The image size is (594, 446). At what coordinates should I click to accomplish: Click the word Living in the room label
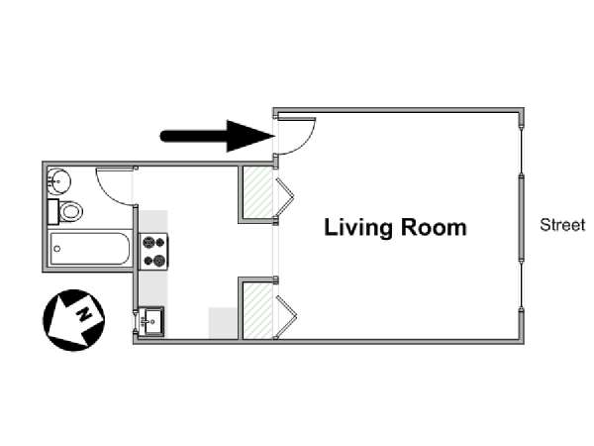(x=358, y=228)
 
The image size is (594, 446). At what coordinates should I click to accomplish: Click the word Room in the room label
(x=434, y=227)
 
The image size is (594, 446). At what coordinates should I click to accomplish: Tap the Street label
(x=562, y=225)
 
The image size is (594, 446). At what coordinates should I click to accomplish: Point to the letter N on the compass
(x=84, y=314)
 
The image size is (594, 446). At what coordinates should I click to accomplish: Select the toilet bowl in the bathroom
(x=71, y=212)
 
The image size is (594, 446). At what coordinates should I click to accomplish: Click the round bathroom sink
(x=59, y=180)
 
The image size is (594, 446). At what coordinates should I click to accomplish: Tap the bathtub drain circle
(x=57, y=249)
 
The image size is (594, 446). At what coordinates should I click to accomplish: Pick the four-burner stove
(x=154, y=251)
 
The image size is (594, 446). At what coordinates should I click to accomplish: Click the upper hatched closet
(x=257, y=192)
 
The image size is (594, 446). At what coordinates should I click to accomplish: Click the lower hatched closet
(x=257, y=310)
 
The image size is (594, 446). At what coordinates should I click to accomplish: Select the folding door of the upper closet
(x=285, y=197)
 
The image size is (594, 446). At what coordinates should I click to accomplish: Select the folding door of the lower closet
(x=286, y=316)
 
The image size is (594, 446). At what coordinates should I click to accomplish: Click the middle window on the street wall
(x=522, y=217)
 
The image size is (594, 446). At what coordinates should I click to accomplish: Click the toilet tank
(x=53, y=212)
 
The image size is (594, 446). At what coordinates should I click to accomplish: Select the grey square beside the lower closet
(x=223, y=323)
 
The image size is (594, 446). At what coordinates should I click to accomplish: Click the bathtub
(x=90, y=249)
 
